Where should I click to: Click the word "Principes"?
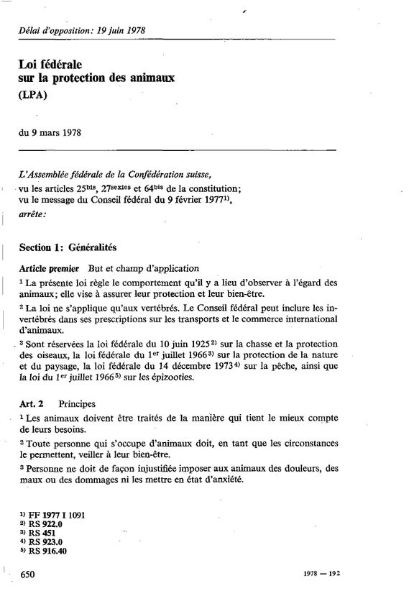click(78, 405)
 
